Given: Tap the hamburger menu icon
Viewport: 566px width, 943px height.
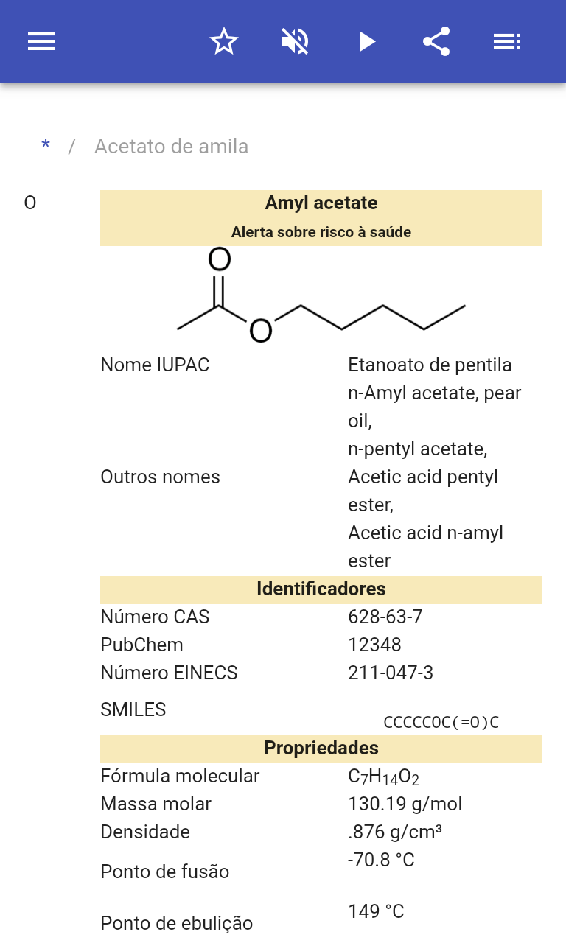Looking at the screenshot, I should (41, 41).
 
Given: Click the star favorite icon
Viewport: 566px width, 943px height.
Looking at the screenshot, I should (223, 41).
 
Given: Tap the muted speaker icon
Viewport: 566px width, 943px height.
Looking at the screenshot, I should (295, 41).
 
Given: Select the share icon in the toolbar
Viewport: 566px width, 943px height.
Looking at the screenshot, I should (436, 41).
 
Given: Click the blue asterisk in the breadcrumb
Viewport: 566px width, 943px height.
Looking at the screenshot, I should (46, 146).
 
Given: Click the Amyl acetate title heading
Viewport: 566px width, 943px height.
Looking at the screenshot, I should (321, 203).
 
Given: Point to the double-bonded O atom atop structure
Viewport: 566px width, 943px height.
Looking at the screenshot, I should (220, 260).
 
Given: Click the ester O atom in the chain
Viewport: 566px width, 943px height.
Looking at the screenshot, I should (260, 331).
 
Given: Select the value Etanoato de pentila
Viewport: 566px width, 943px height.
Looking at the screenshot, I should (430, 365).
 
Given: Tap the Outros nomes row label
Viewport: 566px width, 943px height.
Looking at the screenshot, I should (160, 477).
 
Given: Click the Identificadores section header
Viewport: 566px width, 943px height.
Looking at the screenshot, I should (321, 589).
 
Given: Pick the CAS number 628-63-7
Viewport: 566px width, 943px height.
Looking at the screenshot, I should (385, 617).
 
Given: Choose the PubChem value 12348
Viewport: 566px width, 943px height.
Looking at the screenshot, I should (374, 645).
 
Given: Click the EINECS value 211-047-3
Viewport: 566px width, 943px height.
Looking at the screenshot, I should (391, 673).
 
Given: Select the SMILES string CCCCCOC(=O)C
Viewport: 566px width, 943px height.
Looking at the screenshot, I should (441, 722).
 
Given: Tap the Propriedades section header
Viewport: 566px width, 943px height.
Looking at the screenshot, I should (321, 748).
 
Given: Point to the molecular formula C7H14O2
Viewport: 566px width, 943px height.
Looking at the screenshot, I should (383, 777).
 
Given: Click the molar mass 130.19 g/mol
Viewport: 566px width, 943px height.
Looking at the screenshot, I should (405, 804).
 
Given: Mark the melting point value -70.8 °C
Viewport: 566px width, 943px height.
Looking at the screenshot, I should (381, 860).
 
